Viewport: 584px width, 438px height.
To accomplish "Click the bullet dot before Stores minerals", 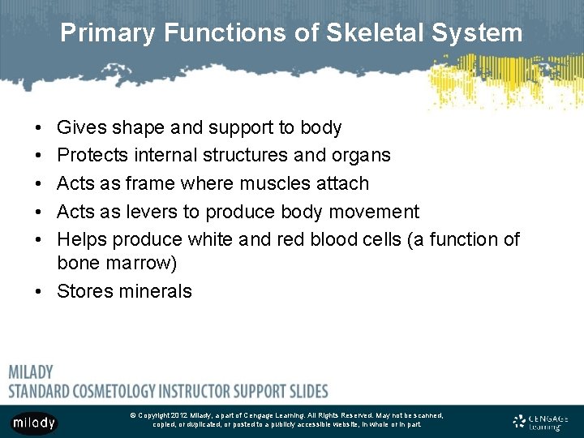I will [x=39, y=291].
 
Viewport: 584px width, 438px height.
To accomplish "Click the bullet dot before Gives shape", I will [x=39, y=128].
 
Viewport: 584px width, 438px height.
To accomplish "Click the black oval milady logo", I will [x=34, y=423].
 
